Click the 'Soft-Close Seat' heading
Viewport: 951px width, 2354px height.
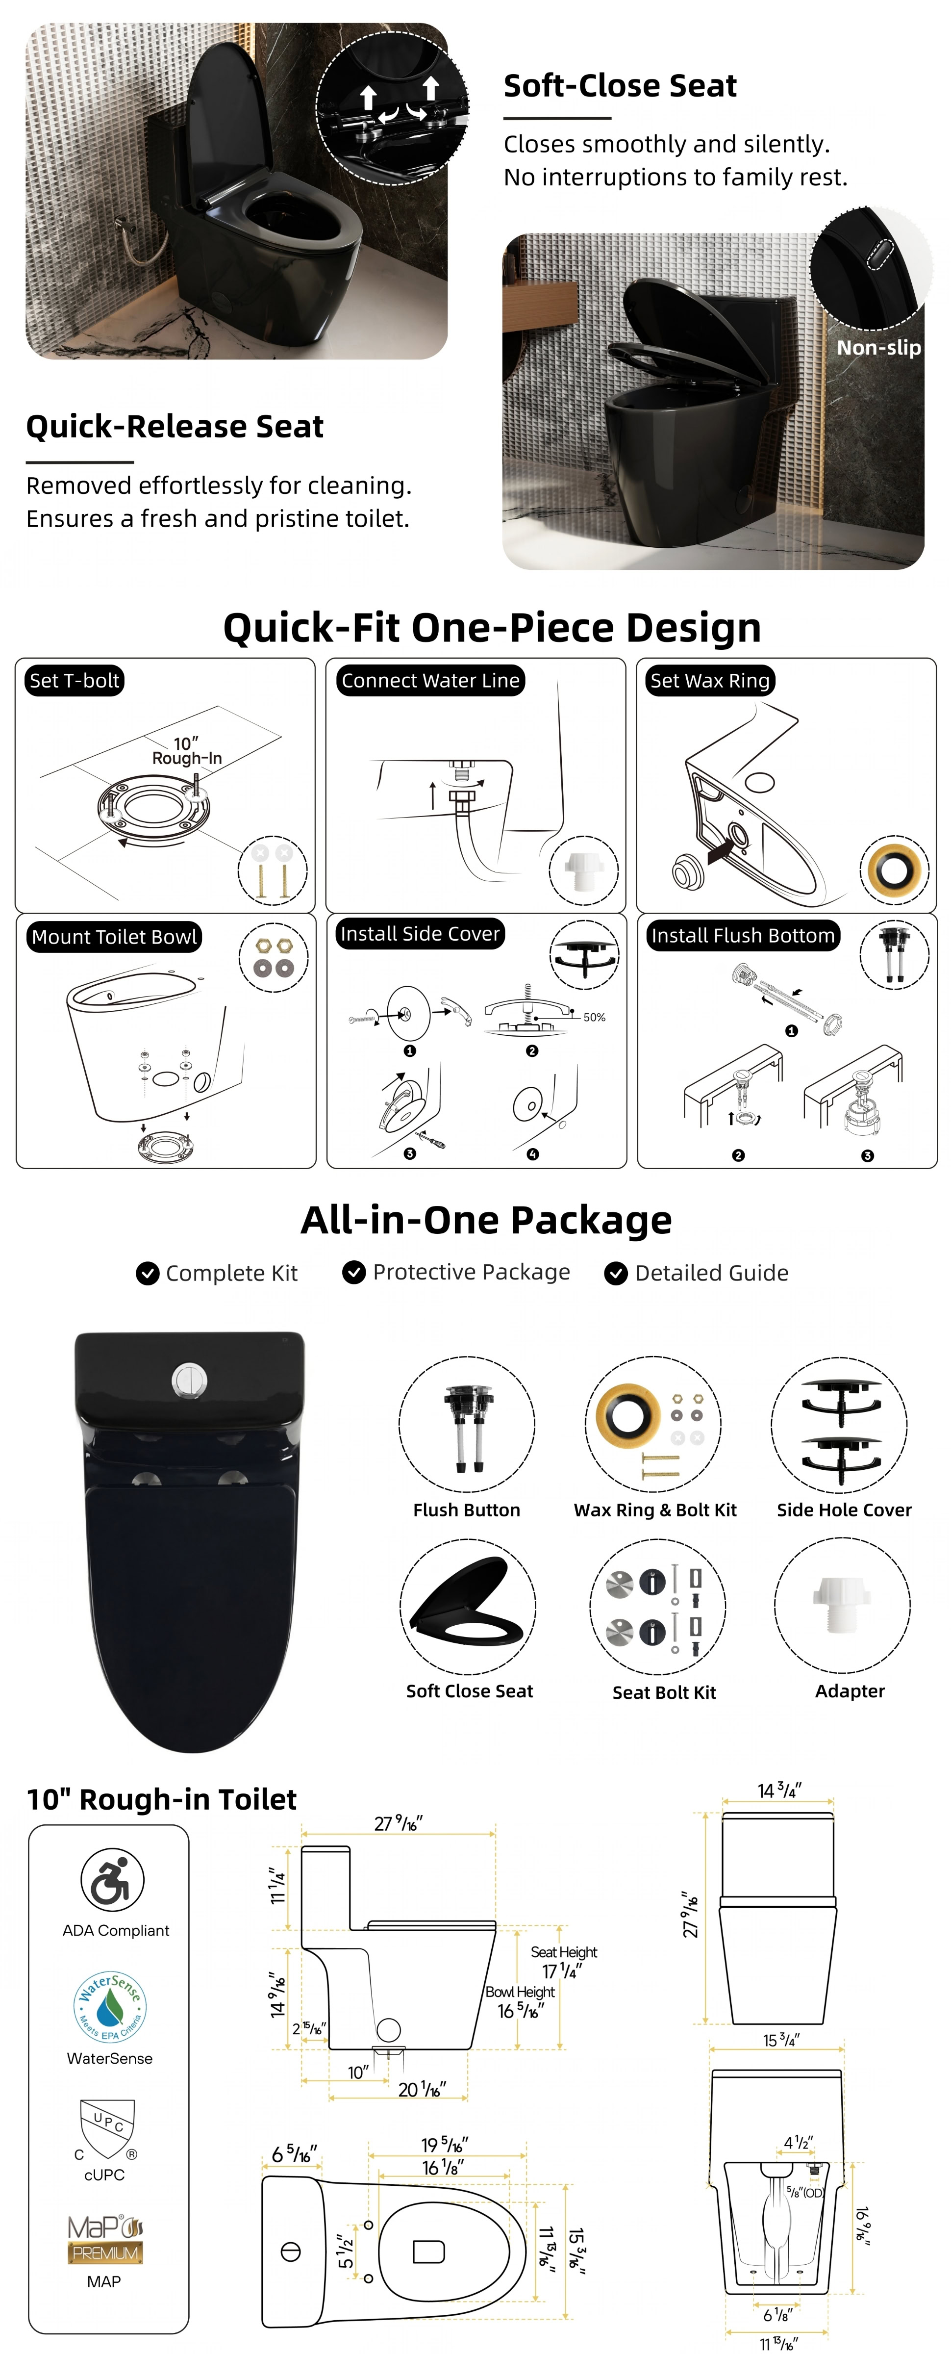(x=620, y=86)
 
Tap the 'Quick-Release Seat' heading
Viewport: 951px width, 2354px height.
(x=175, y=427)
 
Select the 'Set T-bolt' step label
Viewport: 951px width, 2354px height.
(x=74, y=681)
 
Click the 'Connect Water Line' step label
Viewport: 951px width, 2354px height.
(x=430, y=681)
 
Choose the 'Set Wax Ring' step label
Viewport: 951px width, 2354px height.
(x=710, y=681)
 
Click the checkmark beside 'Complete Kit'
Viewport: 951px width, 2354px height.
(x=147, y=1273)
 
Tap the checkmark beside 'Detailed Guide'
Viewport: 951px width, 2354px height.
(x=617, y=1273)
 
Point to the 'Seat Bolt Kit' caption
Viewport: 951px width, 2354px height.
(x=664, y=1692)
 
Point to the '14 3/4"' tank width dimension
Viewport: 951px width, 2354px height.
(x=779, y=1791)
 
